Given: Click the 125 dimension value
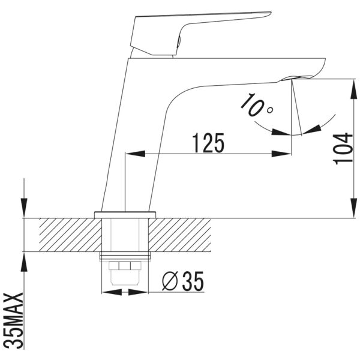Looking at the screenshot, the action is tap(208, 143).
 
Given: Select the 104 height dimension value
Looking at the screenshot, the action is tap(343, 149).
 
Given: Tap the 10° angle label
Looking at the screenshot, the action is tap(256, 104).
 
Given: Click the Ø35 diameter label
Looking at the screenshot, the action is tap(183, 281).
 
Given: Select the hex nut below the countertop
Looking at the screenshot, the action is tap(125, 266).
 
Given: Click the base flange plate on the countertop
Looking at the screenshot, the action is tap(125, 215).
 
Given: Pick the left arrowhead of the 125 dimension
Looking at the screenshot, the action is tap(136, 154).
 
